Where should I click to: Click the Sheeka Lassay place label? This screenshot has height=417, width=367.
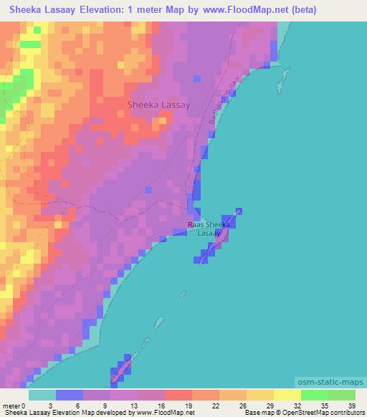pos(158,105)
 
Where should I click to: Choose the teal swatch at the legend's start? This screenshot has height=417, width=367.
pos(42,395)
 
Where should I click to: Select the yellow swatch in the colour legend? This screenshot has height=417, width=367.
pos(287,395)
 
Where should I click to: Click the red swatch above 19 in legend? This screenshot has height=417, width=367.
pos(178,395)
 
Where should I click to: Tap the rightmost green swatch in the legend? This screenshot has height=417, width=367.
pos(341,395)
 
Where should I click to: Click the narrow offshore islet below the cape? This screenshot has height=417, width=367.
pos(161,328)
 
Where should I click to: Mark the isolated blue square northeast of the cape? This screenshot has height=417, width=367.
pos(239,211)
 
